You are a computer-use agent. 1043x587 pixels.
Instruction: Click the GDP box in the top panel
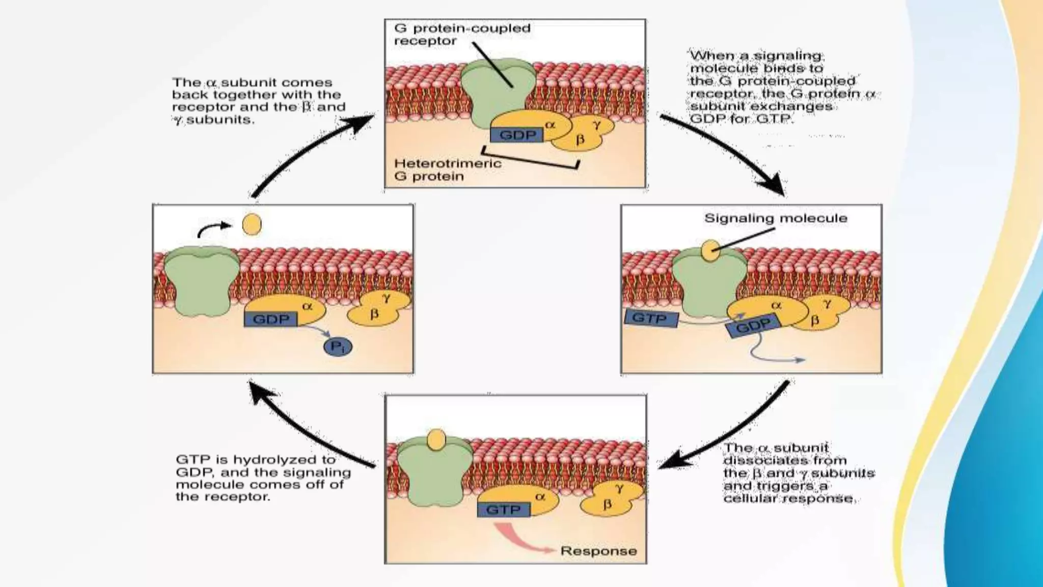[x=517, y=135]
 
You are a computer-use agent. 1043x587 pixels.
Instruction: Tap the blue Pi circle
[x=338, y=347]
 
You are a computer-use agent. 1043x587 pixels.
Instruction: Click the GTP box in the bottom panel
[x=503, y=510]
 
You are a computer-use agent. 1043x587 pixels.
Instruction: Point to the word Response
[x=598, y=551]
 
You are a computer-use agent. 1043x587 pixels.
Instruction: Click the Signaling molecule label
[x=775, y=218]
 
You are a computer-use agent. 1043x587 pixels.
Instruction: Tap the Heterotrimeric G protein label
[x=447, y=170]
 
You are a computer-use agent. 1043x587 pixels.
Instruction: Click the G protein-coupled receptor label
[x=461, y=34]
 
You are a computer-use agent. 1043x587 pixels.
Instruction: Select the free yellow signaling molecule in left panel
[x=252, y=225]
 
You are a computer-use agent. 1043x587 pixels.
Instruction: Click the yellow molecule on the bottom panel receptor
[x=436, y=440]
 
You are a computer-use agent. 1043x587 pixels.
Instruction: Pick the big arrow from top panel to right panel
[x=723, y=152]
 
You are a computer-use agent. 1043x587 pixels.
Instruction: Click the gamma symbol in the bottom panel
[x=619, y=488]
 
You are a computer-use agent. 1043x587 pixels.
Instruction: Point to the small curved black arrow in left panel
[x=213, y=229]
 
